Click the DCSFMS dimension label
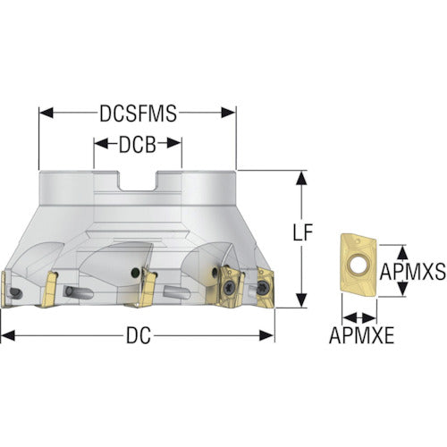pyautogui.click(x=138, y=114)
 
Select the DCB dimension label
pyautogui.click(x=138, y=145)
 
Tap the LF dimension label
pyautogui.click(x=302, y=232)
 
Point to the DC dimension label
pyautogui.click(x=138, y=336)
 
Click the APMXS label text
pyautogui.click(x=413, y=272)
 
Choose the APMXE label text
pyautogui.click(x=361, y=335)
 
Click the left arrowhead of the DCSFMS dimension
pyautogui.click(x=46, y=113)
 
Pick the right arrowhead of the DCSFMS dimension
pyautogui.click(x=229, y=113)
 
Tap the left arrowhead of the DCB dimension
pyautogui.click(x=101, y=144)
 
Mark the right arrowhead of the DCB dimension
pyautogui.click(x=174, y=144)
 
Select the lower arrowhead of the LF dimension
pyautogui.click(x=302, y=300)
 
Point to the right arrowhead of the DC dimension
pyautogui.click(x=266, y=335)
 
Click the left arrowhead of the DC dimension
pyautogui.click(x=8, y=335)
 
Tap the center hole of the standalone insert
pyautogui.click(x=357, y=265)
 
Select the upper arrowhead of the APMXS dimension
pyautogui.click(x=403, y=252)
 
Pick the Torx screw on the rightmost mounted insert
pyautogui.click(x=264, y=288)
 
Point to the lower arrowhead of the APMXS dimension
pyautogui.click(x=403, y=290)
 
